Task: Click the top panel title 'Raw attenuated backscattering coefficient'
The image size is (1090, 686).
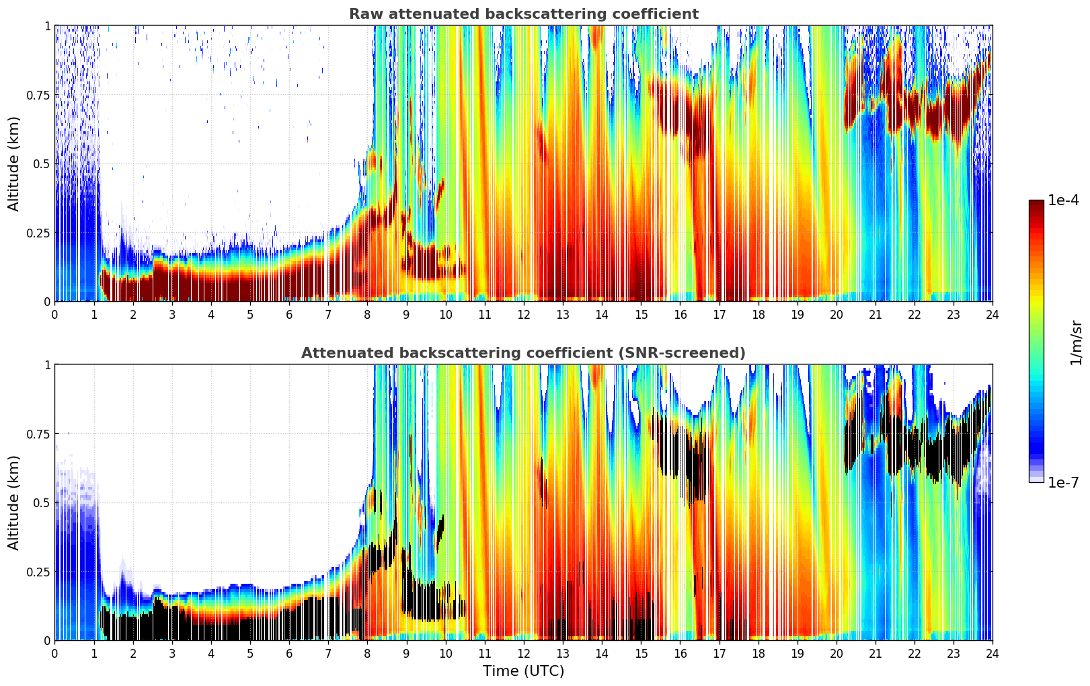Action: coord(523,14)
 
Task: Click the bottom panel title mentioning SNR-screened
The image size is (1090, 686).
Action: coord(523,353)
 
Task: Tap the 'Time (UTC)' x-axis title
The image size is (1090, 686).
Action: coord(523,671)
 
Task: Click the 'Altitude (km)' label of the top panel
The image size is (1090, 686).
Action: coord(14,163)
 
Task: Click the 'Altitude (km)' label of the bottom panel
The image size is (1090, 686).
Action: coord(14,502)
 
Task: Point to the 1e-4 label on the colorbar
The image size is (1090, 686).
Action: coord(1063,200)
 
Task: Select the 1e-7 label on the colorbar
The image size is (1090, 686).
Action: coord(1063,482)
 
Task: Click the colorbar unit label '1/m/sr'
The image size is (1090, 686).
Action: coord(1076,343)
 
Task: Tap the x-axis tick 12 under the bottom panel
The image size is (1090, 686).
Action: coord(523,653)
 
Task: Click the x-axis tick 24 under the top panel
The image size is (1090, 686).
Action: coord(992,314)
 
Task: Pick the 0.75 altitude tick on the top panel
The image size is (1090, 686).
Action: coord(38,95)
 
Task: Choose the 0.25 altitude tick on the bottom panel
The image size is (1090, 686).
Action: coord(38,572)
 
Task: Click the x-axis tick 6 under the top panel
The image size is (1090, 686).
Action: coord(289,314)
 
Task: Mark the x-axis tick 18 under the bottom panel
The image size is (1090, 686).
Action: coord(758,653)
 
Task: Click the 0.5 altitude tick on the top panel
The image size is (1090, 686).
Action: coord(42,163)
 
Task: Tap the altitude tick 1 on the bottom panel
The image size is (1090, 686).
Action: coord(47,365)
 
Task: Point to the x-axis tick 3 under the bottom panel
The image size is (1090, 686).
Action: coord(172,653)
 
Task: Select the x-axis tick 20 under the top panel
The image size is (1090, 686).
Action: coord(836,314)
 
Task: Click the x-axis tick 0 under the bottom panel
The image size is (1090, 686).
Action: coord(54,653)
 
